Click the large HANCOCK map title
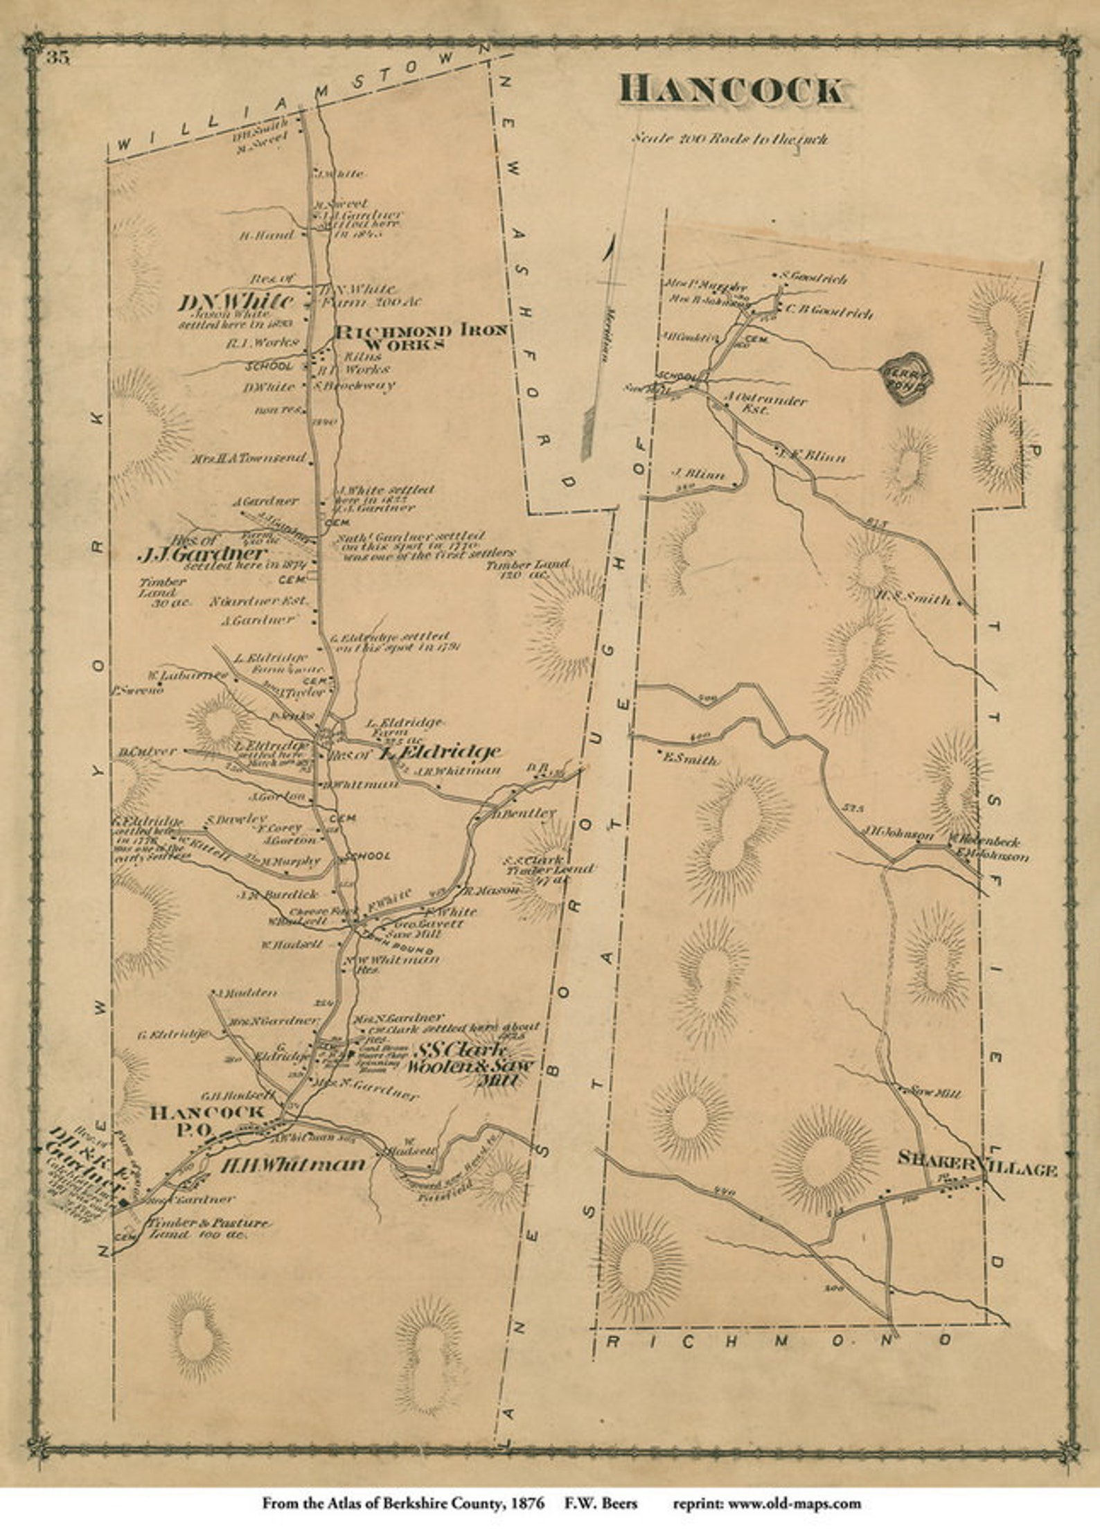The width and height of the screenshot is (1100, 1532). (x=732, y=91)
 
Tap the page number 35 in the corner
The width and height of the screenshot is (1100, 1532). (x=58, y=58)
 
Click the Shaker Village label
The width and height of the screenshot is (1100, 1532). (x=977, y=1170)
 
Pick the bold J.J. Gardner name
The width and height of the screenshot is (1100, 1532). (x=202, y=554)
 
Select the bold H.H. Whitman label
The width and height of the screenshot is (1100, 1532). (x=292, y=1165)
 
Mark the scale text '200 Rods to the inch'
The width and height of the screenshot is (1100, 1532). (x=729, y=139)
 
